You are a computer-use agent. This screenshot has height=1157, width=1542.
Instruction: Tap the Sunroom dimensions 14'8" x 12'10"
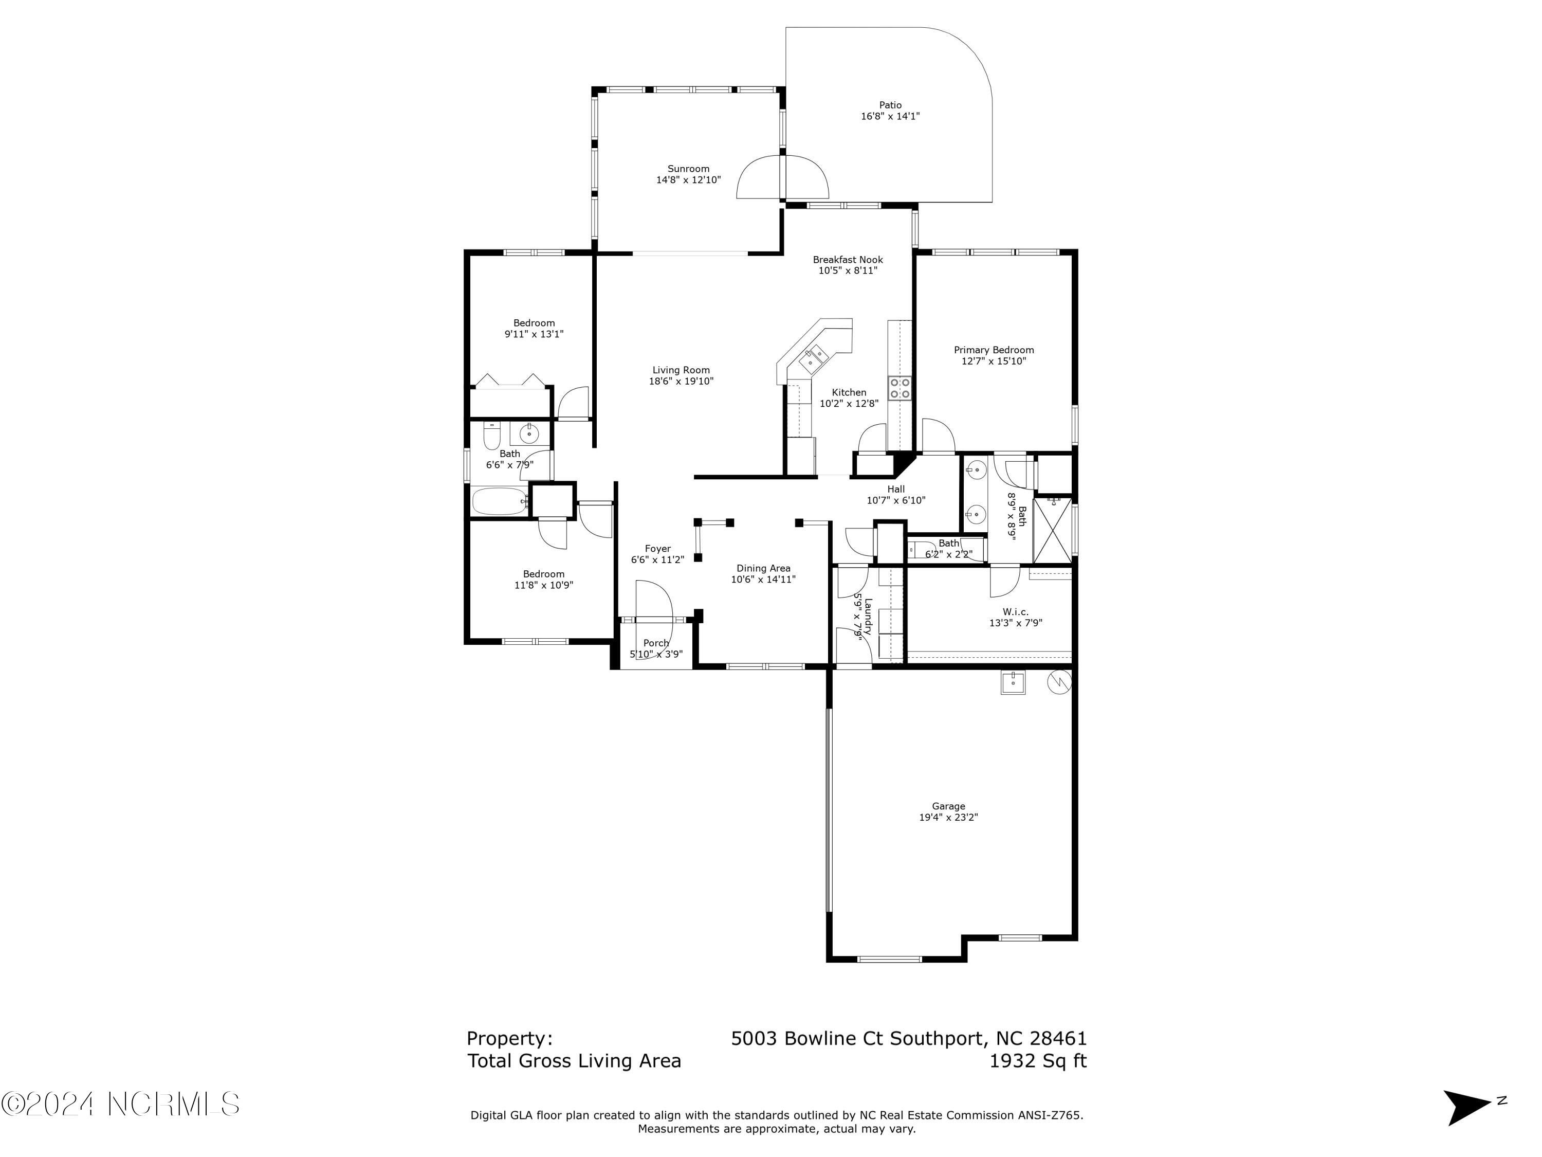point(688,180)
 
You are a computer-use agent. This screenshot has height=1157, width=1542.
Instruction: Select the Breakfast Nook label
point(848,260)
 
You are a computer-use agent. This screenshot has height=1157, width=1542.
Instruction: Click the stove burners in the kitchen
point(900,388)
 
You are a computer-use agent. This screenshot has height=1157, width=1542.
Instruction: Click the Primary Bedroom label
point(994,350)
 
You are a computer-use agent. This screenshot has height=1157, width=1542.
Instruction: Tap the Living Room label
point(681,370)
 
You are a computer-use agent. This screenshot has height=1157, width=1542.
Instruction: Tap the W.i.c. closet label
point(1016,611)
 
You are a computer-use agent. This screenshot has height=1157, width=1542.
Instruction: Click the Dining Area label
point(763,568)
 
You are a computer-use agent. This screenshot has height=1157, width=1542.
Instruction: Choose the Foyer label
point(657,549)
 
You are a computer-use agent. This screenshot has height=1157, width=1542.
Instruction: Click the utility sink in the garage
point(1013,683)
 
